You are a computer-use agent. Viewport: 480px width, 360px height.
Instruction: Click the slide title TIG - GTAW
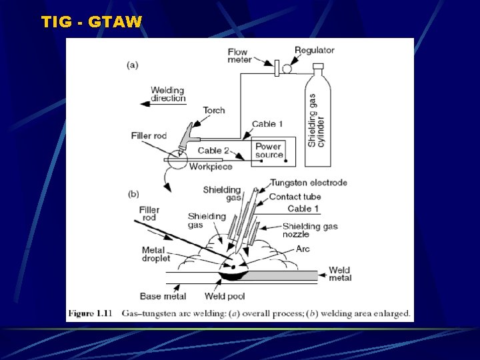pos(91,22)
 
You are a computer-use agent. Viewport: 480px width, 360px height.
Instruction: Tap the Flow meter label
pos(239,56)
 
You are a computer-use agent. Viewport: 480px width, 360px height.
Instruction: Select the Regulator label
pos(314,50)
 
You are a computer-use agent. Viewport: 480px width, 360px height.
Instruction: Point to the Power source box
pos(269,151)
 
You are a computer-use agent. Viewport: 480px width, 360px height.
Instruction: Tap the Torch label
pos(214,111)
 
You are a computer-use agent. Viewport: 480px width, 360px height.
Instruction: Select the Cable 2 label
pos(213,151)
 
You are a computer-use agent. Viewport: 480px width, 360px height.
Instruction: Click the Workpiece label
pos(211,167)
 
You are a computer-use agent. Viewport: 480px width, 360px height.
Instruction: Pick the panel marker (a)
pos(133,65)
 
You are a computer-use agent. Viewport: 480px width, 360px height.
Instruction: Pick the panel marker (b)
pos(133,194)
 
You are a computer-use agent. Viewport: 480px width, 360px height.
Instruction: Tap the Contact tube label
pos(295,197)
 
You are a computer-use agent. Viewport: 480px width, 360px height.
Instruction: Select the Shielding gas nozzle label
pos(310,230)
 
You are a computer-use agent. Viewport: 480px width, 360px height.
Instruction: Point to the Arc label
pos(303,249)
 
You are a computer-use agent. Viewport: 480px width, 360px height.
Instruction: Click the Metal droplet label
pos(156,254)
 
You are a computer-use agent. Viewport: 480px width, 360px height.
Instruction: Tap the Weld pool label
pos(222,295)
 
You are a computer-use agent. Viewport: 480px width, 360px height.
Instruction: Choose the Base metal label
pos(163,295)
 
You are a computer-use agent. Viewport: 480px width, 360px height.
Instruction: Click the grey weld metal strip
pos(283,275)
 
